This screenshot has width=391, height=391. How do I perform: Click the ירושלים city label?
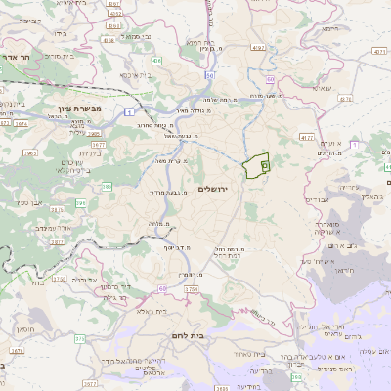point(218,189)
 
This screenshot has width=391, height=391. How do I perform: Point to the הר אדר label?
point(19,58)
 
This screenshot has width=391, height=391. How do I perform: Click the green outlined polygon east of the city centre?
point(256,167)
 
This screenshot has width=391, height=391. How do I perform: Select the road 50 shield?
point(208,74)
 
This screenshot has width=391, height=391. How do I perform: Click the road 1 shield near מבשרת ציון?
point(129,111)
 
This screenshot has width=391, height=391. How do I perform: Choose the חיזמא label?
point(328,58)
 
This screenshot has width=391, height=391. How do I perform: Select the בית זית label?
point(85,152)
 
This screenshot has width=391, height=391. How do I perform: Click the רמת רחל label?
point(227,250)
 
